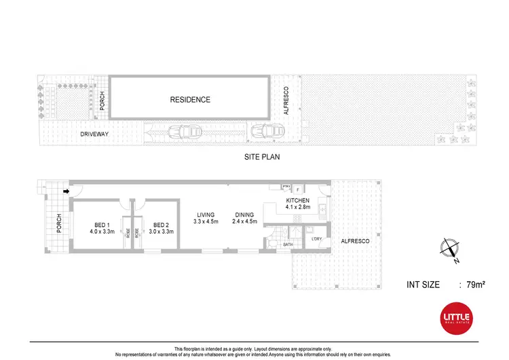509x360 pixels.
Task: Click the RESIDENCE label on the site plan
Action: click(189, 100)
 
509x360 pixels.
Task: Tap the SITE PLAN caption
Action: click(261, 156)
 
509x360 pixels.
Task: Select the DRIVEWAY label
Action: click(95, 134)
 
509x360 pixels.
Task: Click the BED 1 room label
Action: click(102, 225)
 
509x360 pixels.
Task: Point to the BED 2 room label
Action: click(161, 225)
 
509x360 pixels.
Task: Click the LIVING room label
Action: click(206, 215)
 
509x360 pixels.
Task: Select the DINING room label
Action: click(243, 215)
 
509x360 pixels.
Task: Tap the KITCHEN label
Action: click(298, 201)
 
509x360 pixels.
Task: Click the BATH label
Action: click(288, 245)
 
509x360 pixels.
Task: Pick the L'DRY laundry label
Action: click(316, 239)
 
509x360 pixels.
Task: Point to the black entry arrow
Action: click(66, 192)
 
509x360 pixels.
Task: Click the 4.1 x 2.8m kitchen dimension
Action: click(298, 208)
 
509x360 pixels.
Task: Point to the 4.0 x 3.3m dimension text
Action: click(102, 232)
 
